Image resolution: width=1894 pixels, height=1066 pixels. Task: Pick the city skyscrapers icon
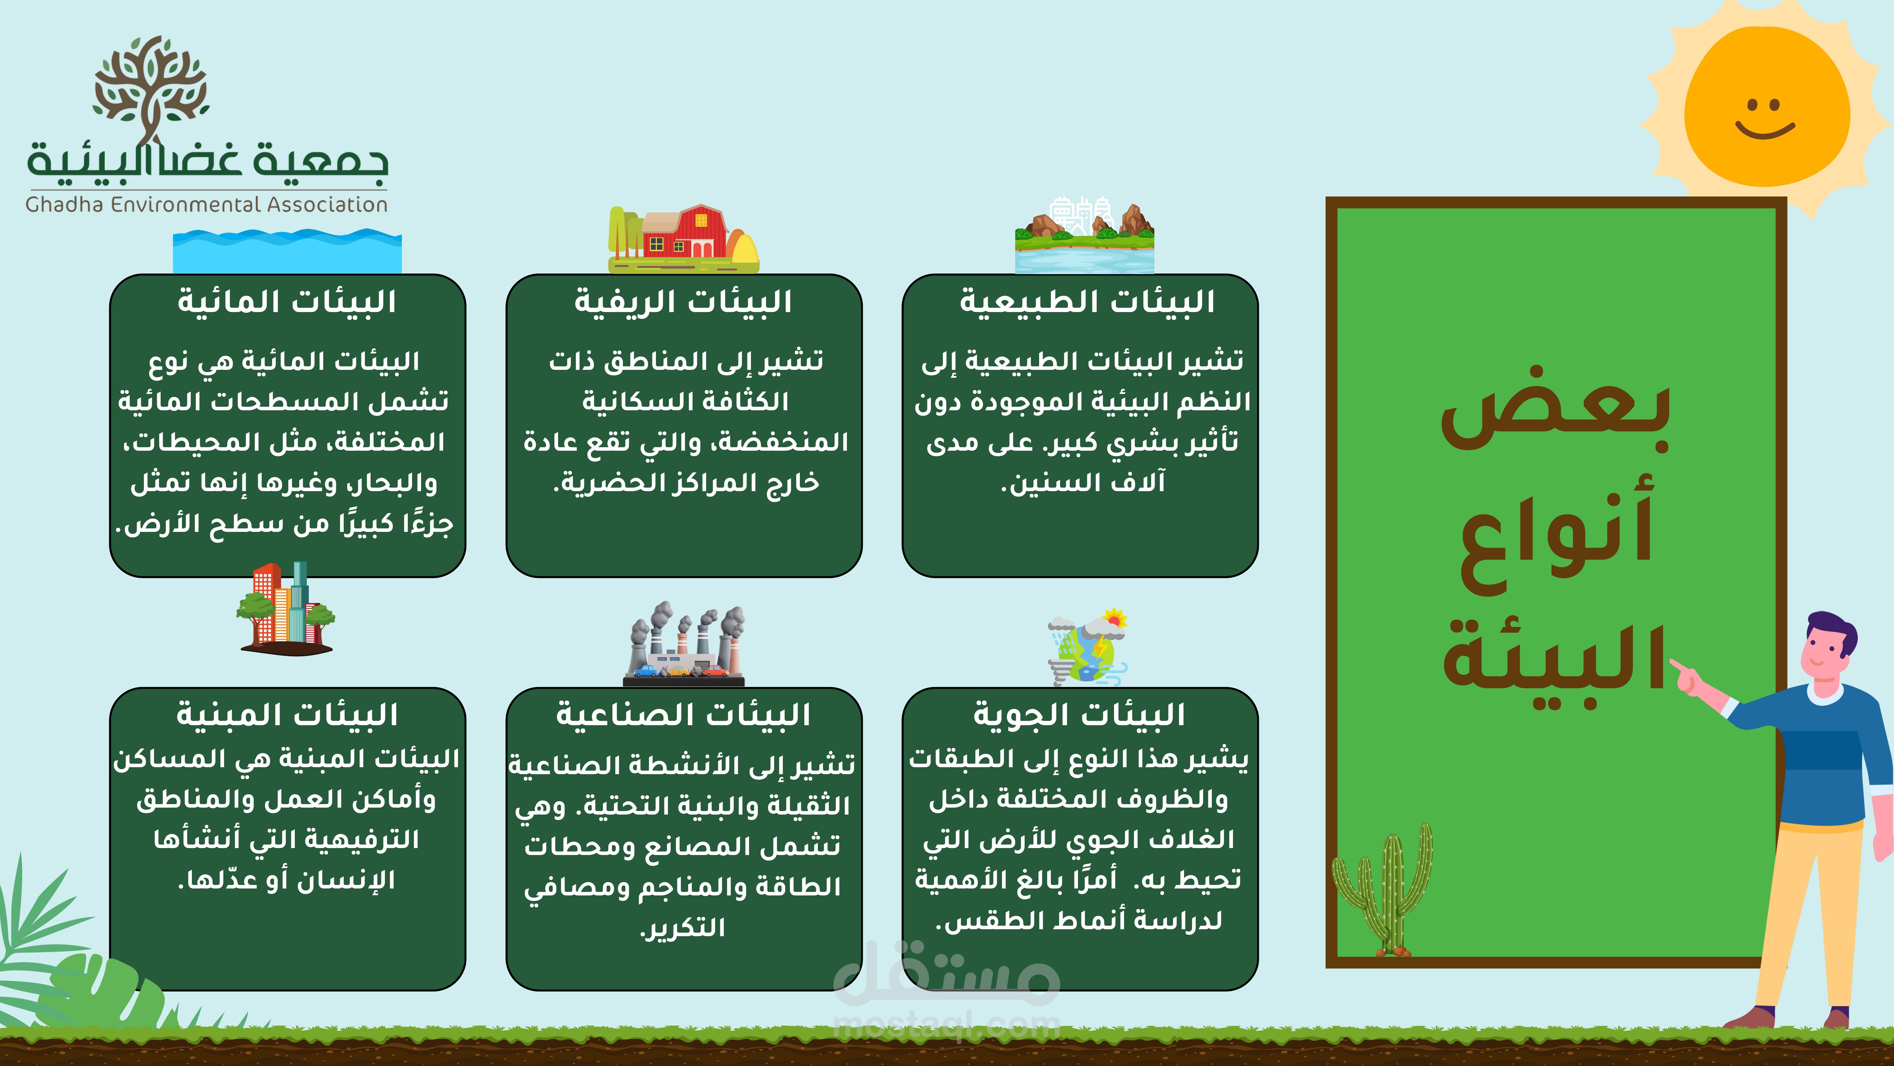286,608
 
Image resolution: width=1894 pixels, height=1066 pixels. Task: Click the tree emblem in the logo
151,88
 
